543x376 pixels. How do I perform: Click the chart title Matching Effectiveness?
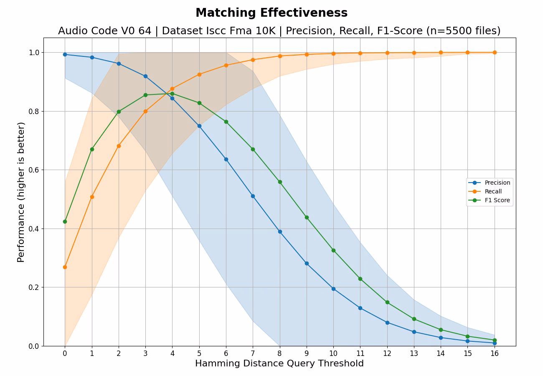[271, 13]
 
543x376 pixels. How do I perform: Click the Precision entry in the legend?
[497, 183]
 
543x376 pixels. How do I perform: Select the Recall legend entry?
[493, 191]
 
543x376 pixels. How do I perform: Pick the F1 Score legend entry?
[497, 200]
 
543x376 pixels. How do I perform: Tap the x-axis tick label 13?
[414, 353]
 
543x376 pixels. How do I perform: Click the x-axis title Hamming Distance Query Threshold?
[279, 363]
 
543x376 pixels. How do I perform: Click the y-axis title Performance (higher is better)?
[21, 192]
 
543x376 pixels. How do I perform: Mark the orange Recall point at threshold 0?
[65, 267]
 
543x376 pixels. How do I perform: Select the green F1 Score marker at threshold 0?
[65, 221]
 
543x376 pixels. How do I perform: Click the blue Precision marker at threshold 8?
[280, 231]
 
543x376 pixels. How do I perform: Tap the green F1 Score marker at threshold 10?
[333, 250]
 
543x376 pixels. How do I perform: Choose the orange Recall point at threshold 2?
[119, 146]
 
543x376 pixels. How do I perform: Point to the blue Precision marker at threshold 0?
[65, 54]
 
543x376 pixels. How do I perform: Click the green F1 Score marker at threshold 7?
[253, 149]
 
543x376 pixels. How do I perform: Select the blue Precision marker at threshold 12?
[387, 323]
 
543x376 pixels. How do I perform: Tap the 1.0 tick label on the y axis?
[33, 53]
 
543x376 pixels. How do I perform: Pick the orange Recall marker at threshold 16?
[495, 52]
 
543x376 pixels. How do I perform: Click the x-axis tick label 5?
[199, 353]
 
